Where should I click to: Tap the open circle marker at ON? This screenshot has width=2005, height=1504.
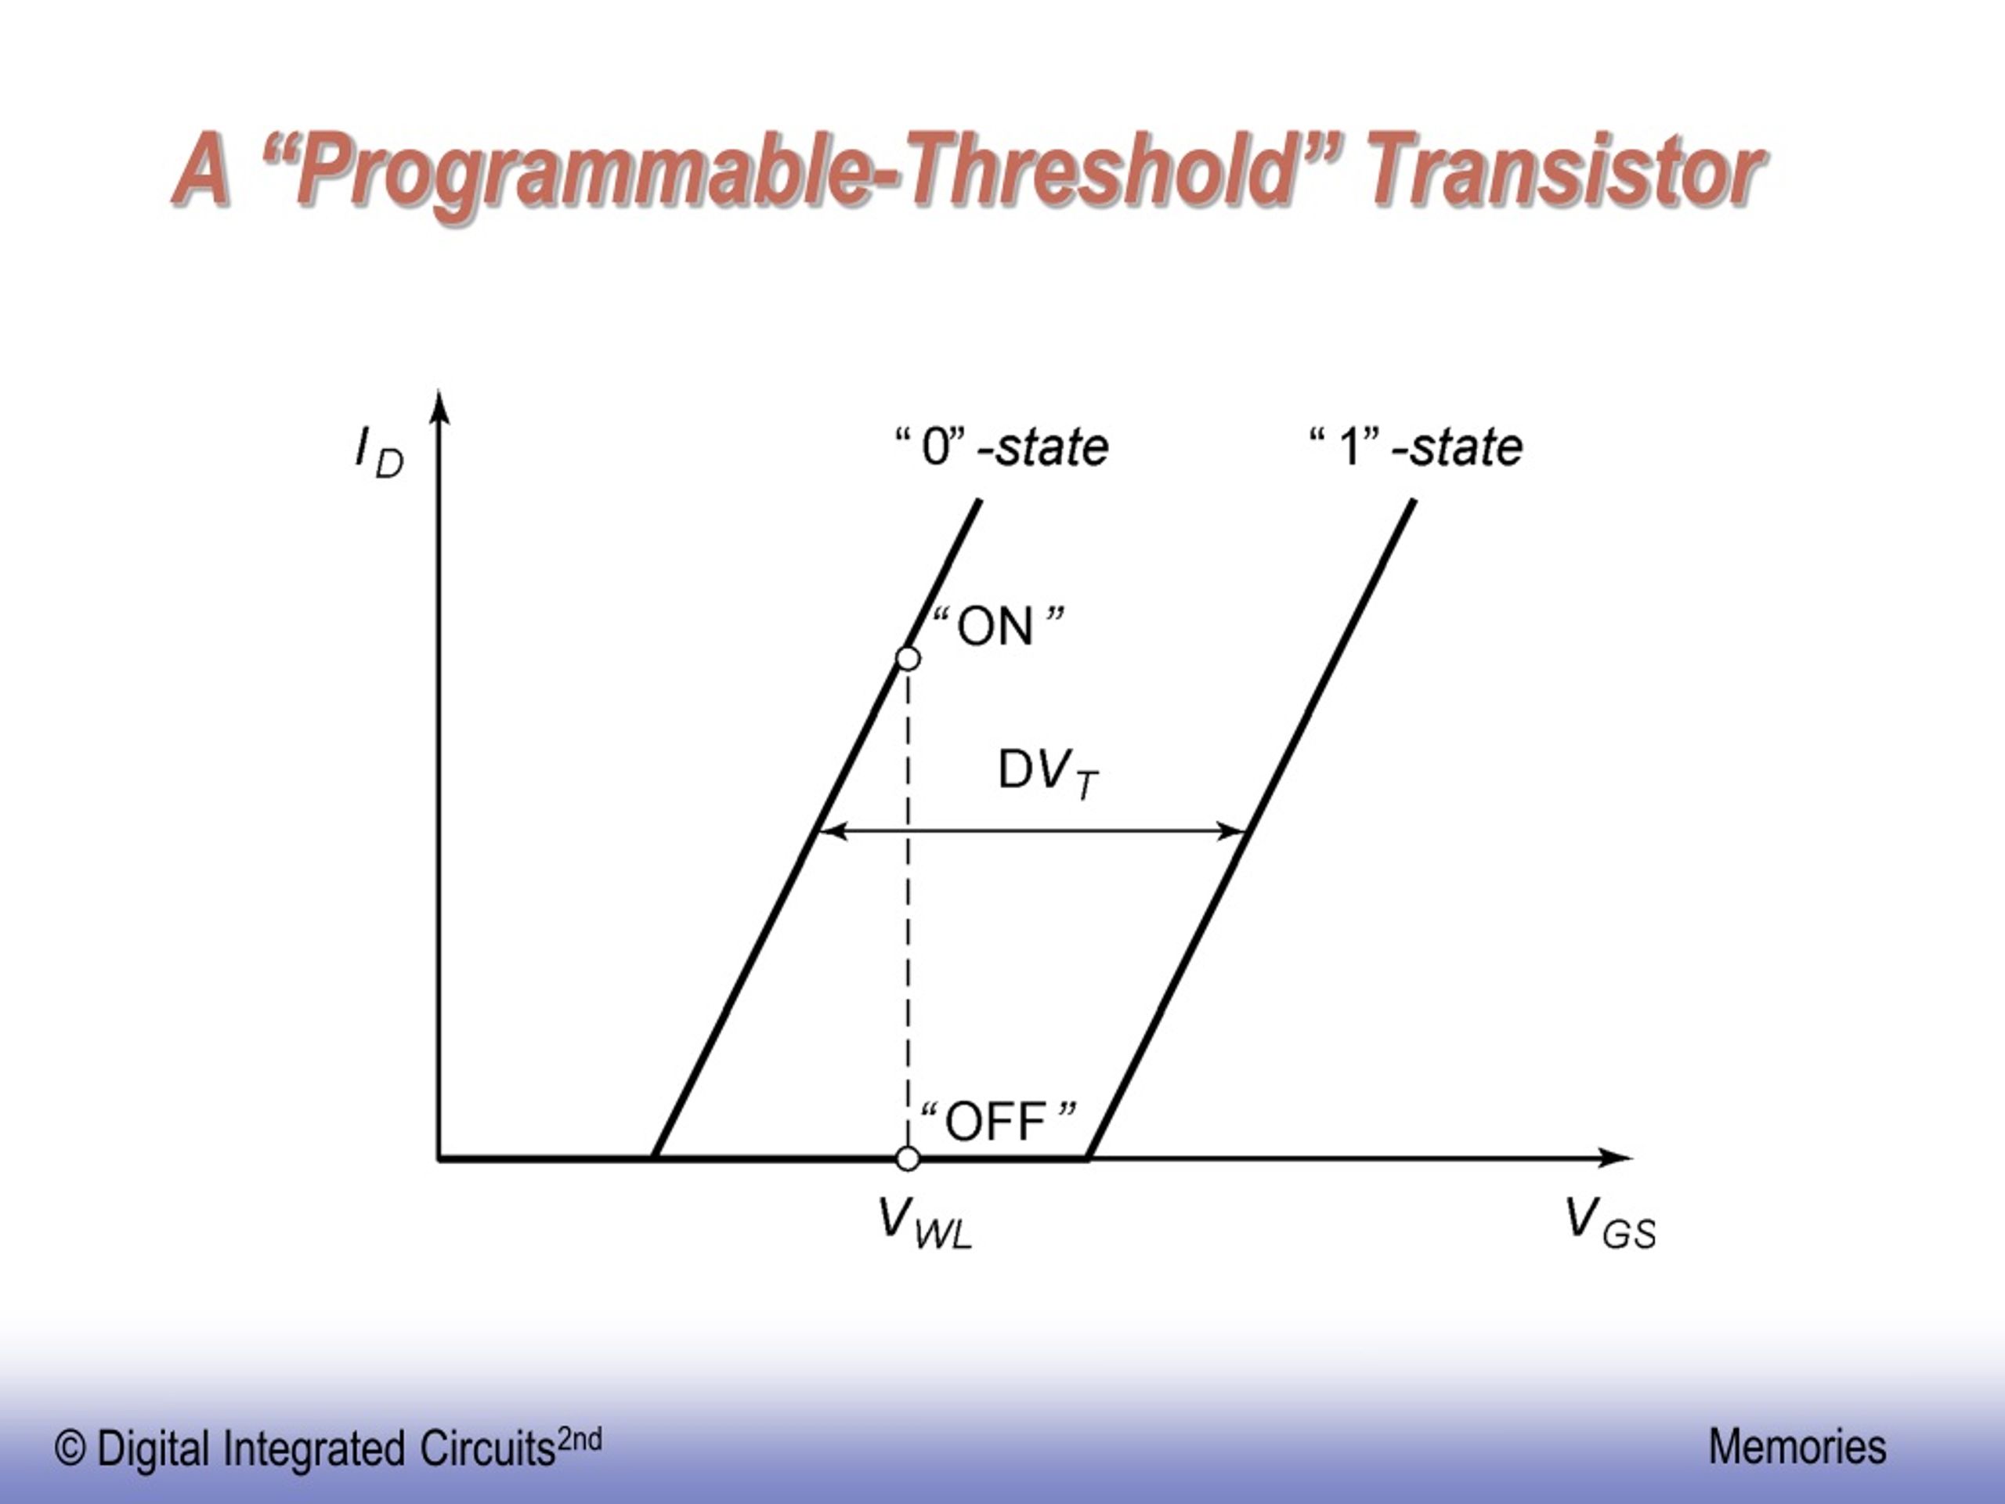point(907,659)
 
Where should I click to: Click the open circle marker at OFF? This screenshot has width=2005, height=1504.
point(907,1159)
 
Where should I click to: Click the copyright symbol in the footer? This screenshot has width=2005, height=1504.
point(70,1448)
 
